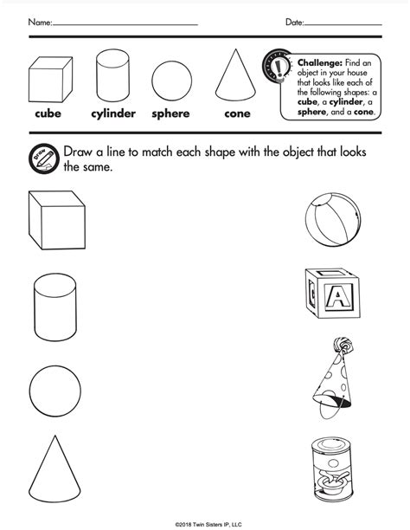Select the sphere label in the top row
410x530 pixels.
(170, 113)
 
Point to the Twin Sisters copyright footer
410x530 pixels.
(205, 522)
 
